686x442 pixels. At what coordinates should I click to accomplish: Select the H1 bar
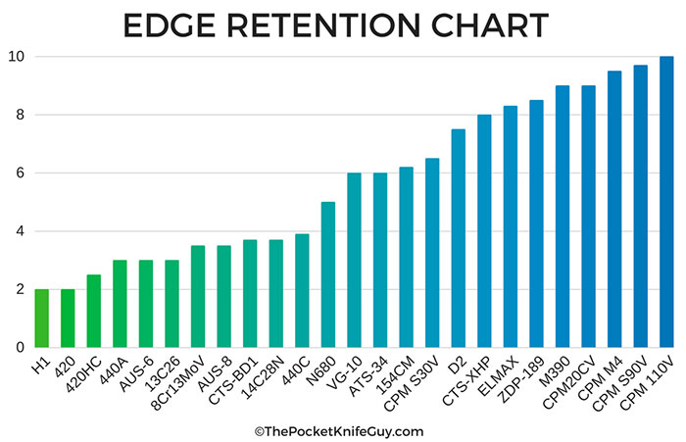coord(41,318)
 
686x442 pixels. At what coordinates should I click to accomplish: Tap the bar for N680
coord(328,274)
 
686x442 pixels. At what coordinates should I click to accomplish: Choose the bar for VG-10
coord(354,260)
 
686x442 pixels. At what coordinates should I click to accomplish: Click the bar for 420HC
coord(93,311)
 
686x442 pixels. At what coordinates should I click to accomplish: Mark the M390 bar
coord(563,217)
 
